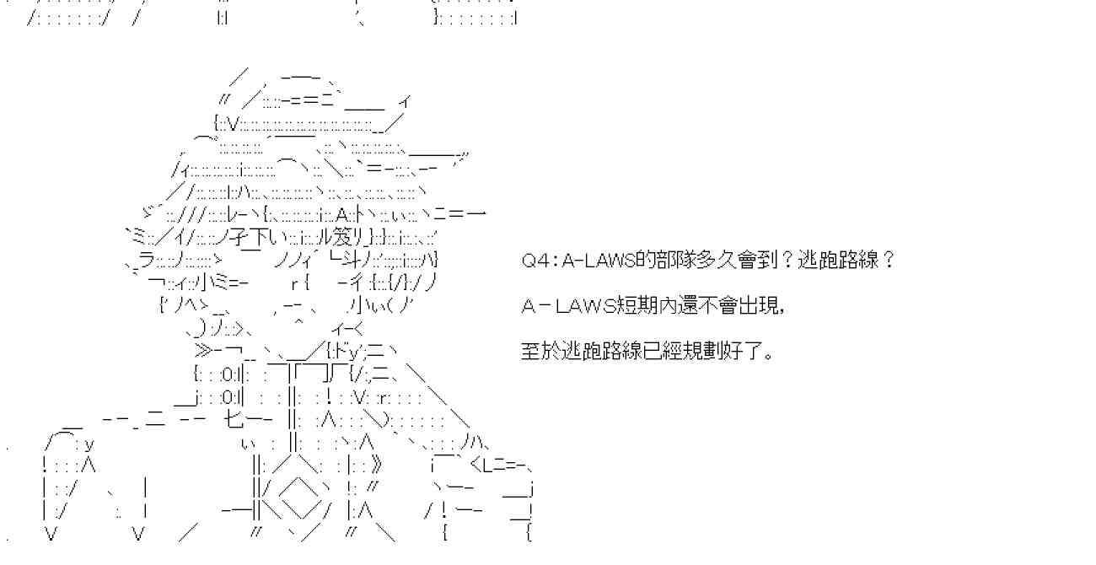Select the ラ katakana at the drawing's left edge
point(145,257)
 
